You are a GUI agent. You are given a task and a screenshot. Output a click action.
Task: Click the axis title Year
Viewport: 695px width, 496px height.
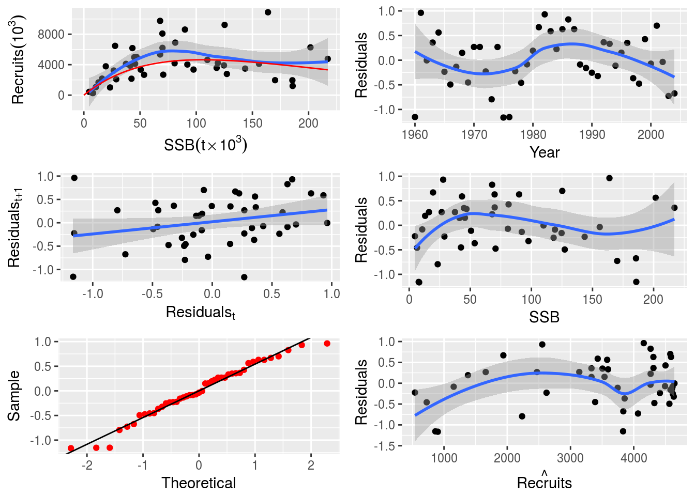pyautogui.click(x=545, y=152)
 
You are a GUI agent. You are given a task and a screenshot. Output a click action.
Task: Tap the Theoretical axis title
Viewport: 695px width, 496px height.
pyautogui.click(x=199, y=483)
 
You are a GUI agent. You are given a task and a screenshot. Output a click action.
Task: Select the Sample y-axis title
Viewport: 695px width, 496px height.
pyautogui.click(x=14, y=396)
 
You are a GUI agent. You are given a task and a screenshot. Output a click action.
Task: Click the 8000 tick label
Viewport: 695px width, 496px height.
pyautogui.click(x=51, y=34)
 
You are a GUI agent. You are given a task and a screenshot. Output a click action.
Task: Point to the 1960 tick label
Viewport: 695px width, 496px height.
pyautogui.click(x=415, y=135)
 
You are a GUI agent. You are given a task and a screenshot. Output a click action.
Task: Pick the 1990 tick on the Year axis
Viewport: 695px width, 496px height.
pyautogui.click(x=592, y=135)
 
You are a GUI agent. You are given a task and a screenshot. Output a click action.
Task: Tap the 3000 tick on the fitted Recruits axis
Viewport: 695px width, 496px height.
pyautogui.click(x=570, y=458)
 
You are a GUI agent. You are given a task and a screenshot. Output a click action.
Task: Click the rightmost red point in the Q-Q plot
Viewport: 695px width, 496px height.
pyautogui.click(x=327, y=344)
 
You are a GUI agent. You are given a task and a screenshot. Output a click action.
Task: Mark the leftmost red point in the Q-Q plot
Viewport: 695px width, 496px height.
pyautogui.click(x=71, y=448)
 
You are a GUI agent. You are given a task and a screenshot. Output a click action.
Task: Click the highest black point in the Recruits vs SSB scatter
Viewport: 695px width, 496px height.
pyautogui.click(x=268, y=12)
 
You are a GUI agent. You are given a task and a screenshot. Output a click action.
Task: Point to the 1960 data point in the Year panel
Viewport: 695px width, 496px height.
pyautogui.click(x=415, y=117)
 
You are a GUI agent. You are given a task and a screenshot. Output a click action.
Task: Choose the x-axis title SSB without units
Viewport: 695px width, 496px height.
pyautogui.click(x=544, y=317)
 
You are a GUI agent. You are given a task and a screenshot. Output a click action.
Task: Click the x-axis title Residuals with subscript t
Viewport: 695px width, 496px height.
pyautogui.click(x=201, y=313)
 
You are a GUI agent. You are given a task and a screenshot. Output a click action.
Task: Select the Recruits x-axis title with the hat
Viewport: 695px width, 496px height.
pyautogui.click(x=545, y=482)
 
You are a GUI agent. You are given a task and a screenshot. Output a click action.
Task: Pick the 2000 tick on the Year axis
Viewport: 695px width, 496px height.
pyautogui.click(x=651, y=135)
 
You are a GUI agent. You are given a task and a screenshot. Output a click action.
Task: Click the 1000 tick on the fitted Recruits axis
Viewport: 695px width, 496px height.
pyautogui.click(x=444, y=458)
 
